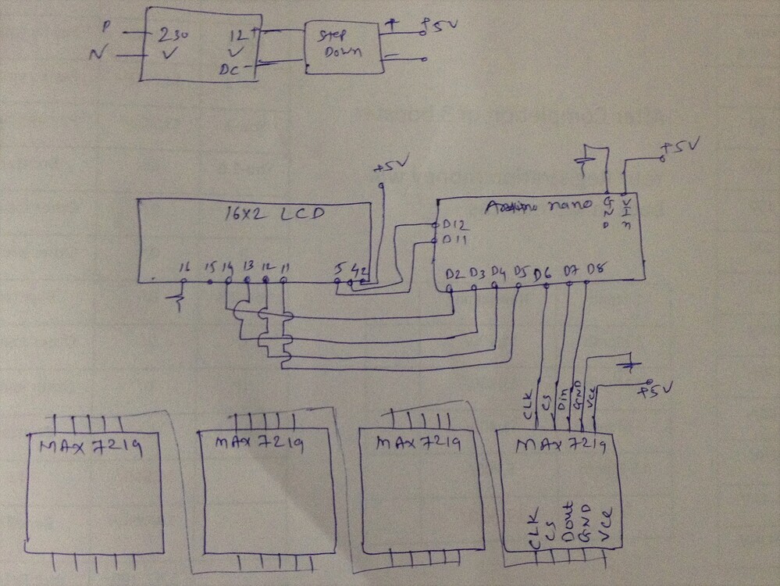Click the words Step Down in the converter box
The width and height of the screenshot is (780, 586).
(x=343, y=45)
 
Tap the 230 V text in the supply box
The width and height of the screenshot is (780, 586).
(x=173, y=45)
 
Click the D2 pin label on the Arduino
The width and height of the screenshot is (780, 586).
(x=454, y=273)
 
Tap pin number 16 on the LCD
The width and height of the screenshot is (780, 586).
(x=183, y=270)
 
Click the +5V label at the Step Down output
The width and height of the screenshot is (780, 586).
(x=440, y=24)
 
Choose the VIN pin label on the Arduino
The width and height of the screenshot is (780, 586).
(x=625, y=209)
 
